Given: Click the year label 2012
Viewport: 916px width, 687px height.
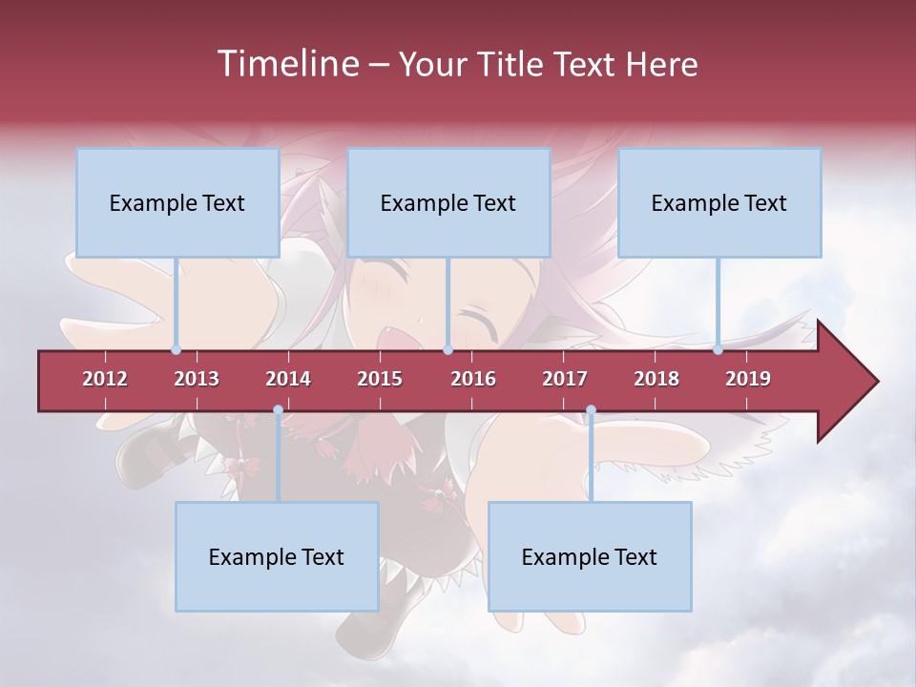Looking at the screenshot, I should pyautogui.click(x=105, y=379).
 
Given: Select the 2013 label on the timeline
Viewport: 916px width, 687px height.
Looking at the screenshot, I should pyautogui.click(x=197, y=379).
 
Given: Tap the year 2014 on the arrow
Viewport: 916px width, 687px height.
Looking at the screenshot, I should pyautogui.click(x=288, y=379).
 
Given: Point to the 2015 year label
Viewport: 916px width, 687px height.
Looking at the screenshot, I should pyautogui.click(x=380, y=379).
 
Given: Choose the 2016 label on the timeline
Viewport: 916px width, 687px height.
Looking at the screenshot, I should pyautogui.click(x=473, y=379).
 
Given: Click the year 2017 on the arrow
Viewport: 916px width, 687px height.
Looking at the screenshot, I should pyautogui.click(x=565, y=379).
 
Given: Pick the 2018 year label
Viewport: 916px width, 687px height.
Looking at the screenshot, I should pyautogui.click(x=656, y=379).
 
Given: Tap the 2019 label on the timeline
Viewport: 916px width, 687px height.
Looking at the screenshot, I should pyautogui.click(x=748, y=379).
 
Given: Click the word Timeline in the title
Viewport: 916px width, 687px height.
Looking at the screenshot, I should pyautogui.click(x=287, y=64).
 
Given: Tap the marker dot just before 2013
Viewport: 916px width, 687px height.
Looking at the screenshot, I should pyautogui.click(x=176, y=350).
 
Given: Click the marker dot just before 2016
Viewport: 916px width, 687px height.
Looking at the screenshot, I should pyautogui.click(x=448, y=350).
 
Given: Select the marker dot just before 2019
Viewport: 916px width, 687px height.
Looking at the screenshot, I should pyautogui.click(x=718, y=350).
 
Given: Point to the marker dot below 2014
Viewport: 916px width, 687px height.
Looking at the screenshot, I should pyautogui.click(x=278, y=410).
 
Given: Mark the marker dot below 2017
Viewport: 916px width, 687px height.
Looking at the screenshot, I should pyautogui.click(x=591, y=410).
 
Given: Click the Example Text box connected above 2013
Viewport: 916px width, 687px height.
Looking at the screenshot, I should pyautogui.click(x=177, y=202).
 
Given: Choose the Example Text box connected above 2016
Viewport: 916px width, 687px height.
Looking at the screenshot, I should pyautogui.click(x=448, y=202).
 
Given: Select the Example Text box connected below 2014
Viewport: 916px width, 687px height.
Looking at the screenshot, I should pyautogui.click(x=277, y=556).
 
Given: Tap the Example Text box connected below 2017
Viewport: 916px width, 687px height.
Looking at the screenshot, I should pyautogui.click(x=590, y=556).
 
